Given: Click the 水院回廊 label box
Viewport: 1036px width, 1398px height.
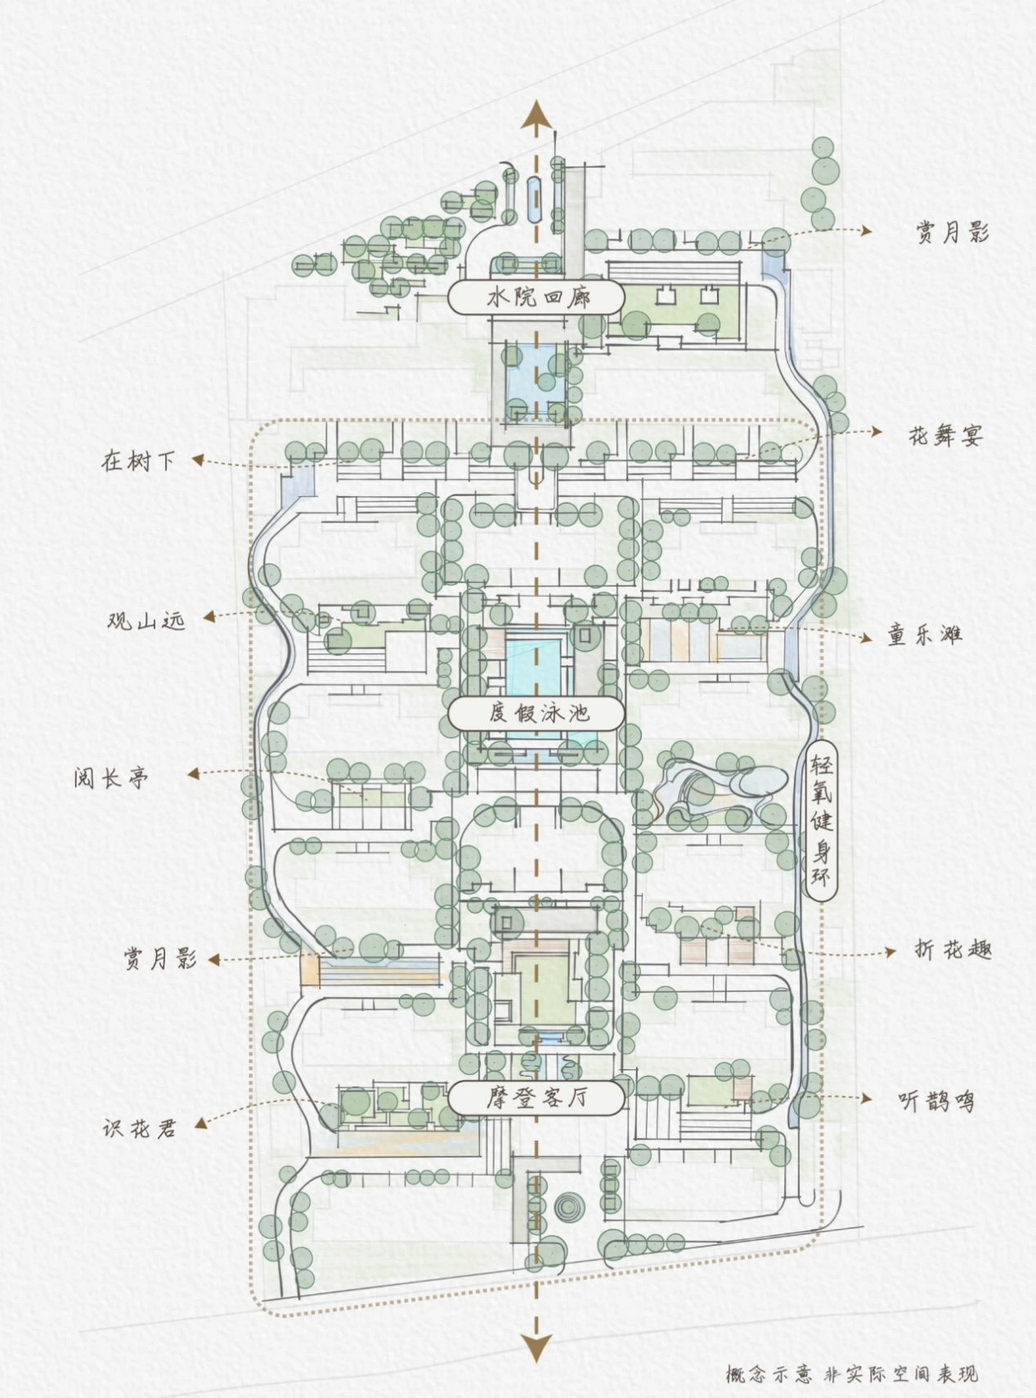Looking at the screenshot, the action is [x=537, y=297].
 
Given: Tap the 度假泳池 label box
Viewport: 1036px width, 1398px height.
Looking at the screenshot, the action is [x=537, y=713].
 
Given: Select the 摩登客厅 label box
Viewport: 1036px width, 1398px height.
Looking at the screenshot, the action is [x=537, y=1097].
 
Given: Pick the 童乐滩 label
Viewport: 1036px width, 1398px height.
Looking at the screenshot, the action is [x=926, y=634].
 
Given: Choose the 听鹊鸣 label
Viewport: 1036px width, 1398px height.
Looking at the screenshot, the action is [x=936, y=1101].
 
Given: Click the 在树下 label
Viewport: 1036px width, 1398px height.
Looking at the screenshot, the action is [x=138, y=460].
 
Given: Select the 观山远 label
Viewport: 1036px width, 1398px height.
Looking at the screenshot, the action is [x=146, y=620].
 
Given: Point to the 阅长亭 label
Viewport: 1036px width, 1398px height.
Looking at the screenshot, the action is [x=112, y=777].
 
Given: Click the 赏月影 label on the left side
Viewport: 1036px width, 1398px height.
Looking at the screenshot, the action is [x=160, y=958].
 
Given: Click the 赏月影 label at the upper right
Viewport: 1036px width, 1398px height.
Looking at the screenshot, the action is [x=952, y=233].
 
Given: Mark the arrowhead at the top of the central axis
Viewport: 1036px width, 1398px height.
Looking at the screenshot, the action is [x=536, y=114].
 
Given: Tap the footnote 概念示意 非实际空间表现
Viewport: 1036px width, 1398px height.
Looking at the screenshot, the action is [x=851, y=1374].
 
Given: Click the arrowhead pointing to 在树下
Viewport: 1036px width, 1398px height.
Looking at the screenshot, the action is [x=197, y=460].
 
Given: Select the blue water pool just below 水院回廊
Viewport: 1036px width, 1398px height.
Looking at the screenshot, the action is [x=536, y=374].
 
